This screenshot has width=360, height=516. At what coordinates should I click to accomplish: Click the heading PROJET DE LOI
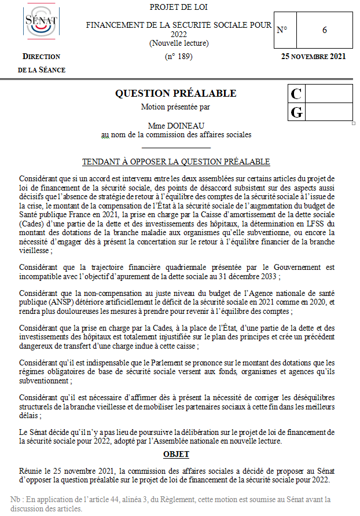(178, 7)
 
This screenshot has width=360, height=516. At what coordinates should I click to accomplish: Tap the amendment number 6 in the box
(325, 30)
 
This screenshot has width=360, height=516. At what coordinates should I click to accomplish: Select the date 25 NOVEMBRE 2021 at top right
(313, 57)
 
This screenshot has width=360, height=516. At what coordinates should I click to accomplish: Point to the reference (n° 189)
(178, 57)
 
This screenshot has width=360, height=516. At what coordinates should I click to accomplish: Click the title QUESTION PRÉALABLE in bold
(175, 93)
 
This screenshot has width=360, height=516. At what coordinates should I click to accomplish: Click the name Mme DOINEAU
(176, 125)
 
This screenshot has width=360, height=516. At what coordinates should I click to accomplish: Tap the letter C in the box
(296, 94)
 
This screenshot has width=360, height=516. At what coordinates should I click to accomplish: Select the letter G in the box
(296, 112)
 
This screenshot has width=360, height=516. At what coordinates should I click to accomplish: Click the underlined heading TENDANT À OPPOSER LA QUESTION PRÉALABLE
(176, 162)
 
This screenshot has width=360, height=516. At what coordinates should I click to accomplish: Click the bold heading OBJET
(176, 454)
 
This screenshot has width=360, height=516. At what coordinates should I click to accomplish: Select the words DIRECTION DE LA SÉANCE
(42, 63)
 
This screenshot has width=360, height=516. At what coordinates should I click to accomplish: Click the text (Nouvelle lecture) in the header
(178, 43)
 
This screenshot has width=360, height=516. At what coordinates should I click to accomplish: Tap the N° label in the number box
(282, 30)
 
